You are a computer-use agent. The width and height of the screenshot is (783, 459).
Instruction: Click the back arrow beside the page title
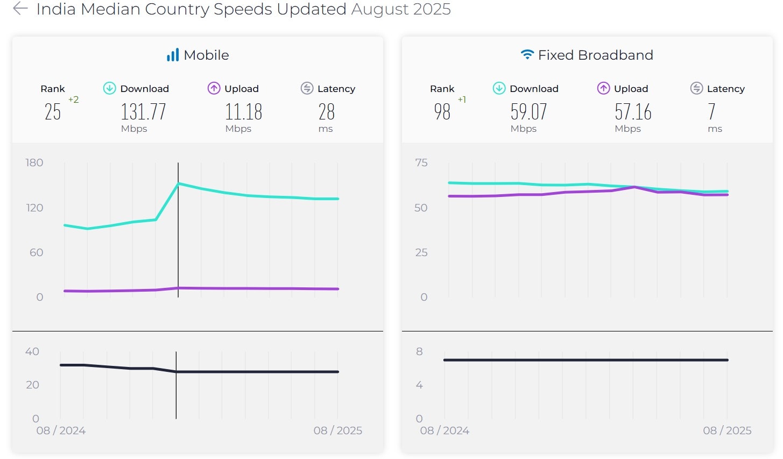(x=20, y=9)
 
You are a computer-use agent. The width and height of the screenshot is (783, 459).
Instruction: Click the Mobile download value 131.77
(x=143, y=112)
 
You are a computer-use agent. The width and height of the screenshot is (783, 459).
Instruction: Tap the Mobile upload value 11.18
(x=243, y=112)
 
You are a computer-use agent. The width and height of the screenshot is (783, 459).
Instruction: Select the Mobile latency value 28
(x=326, y=112)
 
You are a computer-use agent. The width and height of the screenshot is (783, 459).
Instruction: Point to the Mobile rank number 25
(x=53, y=112)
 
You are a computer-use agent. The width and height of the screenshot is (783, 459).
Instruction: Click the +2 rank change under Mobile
(x=73, y=100)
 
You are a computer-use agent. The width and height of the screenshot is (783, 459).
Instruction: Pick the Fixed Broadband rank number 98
(x=442, y=112)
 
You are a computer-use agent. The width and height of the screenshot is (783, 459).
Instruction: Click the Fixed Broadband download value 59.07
(x=528, y=112)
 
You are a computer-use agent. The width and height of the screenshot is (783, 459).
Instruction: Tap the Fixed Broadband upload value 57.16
(x=633, y=112)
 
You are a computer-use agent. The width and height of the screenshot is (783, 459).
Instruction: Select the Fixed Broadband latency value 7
(x=711, y=112)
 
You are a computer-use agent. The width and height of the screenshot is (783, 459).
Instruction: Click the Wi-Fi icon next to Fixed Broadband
(x=527, y=55)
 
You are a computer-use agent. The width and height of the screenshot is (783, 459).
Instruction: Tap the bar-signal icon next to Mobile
(x=173, y=55)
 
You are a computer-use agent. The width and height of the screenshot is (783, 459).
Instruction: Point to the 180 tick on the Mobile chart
(x=34, y=163)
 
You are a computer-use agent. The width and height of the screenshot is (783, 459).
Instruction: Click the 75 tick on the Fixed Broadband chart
(x=421, y=163)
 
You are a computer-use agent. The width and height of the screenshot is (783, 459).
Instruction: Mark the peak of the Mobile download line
(x=179, y=183)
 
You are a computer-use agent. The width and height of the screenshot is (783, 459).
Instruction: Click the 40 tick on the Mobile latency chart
(x=32, y=351)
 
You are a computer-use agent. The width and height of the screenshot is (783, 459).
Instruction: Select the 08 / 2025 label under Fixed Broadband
(x=727, y=430)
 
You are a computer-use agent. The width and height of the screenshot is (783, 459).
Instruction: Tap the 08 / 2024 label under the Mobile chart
(x=61, y=430)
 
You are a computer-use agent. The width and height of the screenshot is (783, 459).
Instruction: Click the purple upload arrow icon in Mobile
(x=214, y=88)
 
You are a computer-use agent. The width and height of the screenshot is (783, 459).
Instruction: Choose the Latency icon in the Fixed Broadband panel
(x=696, y=88)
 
